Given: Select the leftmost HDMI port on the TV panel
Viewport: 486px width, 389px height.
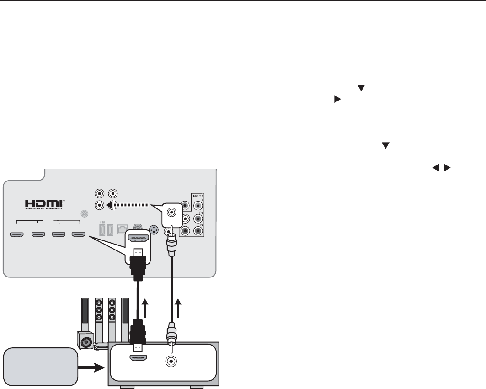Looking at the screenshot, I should coord(17,235).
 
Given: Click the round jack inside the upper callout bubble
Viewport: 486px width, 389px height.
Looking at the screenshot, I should coord(172,212).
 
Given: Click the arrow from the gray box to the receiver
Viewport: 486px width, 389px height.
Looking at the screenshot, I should coord(92,367).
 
